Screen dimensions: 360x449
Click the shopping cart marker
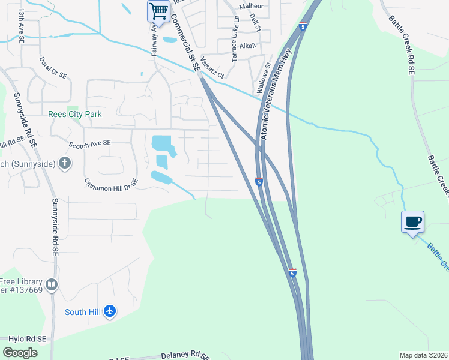coord(158,11)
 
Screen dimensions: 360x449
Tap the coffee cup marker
coord(412,223)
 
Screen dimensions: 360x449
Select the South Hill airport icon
coord(109,311)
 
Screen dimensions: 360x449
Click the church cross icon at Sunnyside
coord(65,163)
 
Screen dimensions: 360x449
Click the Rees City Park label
coord(75,114)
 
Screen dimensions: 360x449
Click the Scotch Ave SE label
coord(90,143)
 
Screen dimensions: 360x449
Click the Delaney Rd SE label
coord(185,355)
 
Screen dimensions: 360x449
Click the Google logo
coord(20,353)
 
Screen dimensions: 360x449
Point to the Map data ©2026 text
coord(424,355)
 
